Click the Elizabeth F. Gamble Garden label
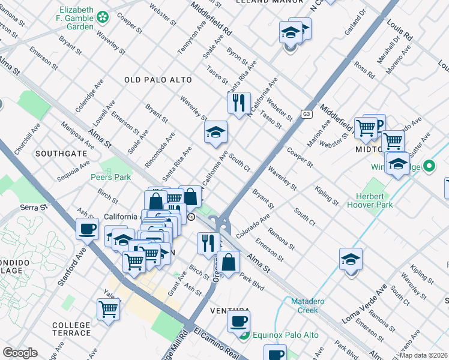pyautogui.click(x=76, y=19)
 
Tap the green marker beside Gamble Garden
pyautogui.click(x=104, y=18)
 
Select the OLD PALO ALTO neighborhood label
pyautogui.click(x=158, y=80)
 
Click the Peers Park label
pyautogui.click(x=110, y=177)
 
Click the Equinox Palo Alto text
pyautogui.click(x=280, y=335)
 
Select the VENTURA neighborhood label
pyautogui.click(x=229, y=311)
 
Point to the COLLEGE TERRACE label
pyautogui.click(x=71, y=329)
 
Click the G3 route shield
pyautogui.click(x=307, y=114)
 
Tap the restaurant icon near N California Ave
pyautogui.click(x=239, y=103)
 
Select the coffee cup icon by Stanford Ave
pyautogui.click(x=88, y=228)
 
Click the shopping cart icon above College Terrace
pyautogui.click(x=109, y=309)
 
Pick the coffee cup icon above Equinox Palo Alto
pyautogui.click(x=239, y=321)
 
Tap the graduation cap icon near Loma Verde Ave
pyautogui.click(x=351, y=259)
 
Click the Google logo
pyautogui.click(x=20, y=353)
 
